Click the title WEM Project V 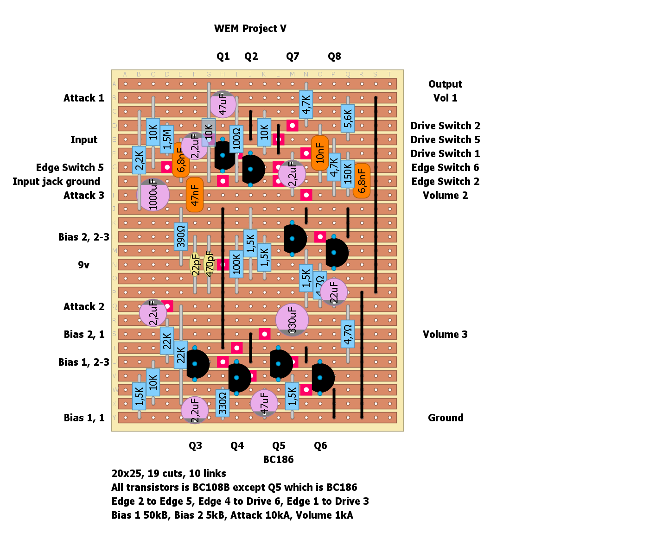click(x=250, y=29)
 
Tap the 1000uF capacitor click(x=153, y=195)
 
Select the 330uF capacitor click(x=292, y=320)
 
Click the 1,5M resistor click(x=167, y=139)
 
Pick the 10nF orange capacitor click(x=320, y=153)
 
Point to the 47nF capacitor click(x=195, y=195)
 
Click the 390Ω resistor click(x=181, y=236)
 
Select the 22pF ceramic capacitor click(x=196, y=264)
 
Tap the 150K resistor click(x=348, y=174)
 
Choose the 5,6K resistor click(x=348, y=118)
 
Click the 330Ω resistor click(x=223, y=403)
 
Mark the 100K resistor click(x=236, y=264)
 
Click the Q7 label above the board click(x=293, y=57)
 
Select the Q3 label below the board click(x=195, y=446)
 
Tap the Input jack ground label click(x=56, y=182)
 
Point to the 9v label click(x=83, y=265)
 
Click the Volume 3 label click(x=445, y=335)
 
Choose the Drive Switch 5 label click(x=445, y=140)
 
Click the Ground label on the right click(x=446, y=418)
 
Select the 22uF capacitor click(x=334, y=292)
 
